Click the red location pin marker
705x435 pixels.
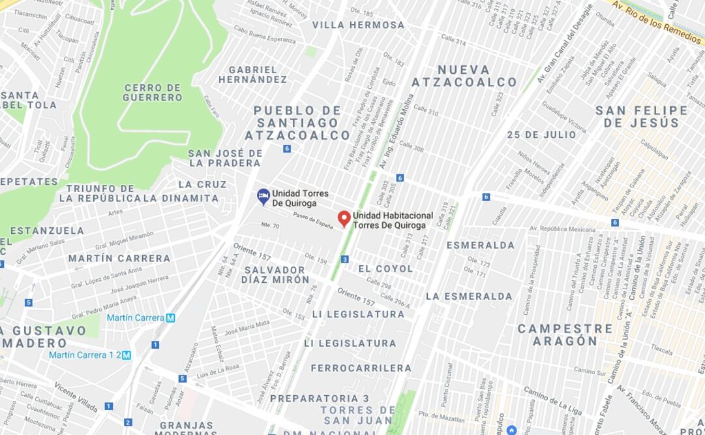coord(344,219)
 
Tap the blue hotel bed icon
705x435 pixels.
coord(263,196)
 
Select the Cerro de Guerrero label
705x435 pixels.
coord(153,93)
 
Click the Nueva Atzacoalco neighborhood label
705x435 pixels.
coord(464,76)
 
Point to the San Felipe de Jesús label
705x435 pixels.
coord(641,116)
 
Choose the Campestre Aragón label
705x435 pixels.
coord(565,334)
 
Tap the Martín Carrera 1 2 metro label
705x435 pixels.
coord(89,355)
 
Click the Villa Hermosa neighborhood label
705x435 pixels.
coord(358,25)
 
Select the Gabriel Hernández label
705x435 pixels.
coord(252,74)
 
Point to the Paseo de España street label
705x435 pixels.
coord(313,220)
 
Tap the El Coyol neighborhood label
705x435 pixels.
coord(385,268)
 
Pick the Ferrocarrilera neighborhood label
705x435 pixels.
coord(361,368)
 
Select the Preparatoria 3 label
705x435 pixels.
coord(320,398)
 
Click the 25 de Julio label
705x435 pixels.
coord(541,135)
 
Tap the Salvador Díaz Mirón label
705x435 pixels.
coord(275,274)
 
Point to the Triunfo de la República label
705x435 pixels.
coord(100,193)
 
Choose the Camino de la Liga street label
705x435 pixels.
coord(552,401)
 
